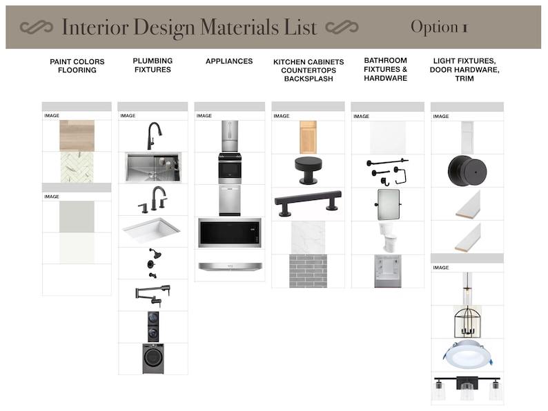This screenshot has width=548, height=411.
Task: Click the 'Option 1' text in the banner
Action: coord(439,28)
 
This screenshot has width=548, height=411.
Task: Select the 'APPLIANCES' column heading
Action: coord(229,61)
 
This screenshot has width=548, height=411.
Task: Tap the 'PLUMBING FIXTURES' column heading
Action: coord(153,66)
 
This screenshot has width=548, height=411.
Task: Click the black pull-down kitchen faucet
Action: coord(153,136)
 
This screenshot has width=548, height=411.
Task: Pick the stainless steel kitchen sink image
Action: coord(153,168)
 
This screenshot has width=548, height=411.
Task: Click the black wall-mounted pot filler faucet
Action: coord(153,294)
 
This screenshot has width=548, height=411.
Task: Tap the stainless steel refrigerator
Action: coord(230,136)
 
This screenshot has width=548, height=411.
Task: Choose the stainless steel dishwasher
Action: coord(230,200)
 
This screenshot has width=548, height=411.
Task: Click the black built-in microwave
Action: coord(230,232)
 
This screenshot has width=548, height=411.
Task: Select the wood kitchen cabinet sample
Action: coord(309,137)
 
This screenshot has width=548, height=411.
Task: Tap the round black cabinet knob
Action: coord(308,169)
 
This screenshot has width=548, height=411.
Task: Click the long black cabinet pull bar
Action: coord(308,202)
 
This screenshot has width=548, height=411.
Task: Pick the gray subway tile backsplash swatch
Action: coord(308,270)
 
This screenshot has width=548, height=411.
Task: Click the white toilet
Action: coord(386,237)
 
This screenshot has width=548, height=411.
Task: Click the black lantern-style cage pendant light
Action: coord(467,321)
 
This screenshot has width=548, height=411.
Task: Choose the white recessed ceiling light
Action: coord(467,354)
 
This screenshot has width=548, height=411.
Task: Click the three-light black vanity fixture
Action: coord(467,390)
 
